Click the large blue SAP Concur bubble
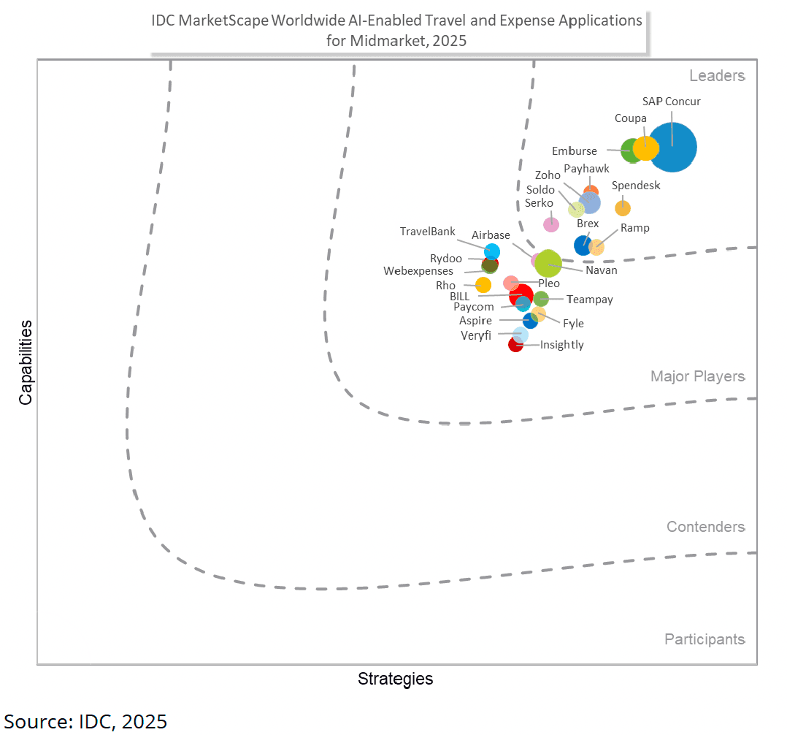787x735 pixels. (672, 148)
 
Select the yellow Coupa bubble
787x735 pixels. (645, 148)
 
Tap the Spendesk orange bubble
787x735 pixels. (623, 208)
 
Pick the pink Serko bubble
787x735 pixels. (551, 224)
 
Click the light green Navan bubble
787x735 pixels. (548, 264)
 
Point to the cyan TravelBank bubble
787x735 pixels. (492, 252)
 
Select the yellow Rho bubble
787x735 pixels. (483, 285)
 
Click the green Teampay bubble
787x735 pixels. (541, 298)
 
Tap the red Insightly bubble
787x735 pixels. (515, 345)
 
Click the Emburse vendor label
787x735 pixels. (574, 151)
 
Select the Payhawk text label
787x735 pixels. (586, 169)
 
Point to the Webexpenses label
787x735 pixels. (418, 271)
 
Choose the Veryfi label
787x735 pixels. (475, 335)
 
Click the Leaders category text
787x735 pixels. (717, 76)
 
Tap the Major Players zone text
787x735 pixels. (697, 376)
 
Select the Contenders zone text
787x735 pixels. (705, 527)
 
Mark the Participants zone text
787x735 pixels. (705, 639)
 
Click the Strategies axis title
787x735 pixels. (395, 679)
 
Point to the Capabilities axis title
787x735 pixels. (26, 362)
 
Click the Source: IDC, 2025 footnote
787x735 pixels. (86, 721)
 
